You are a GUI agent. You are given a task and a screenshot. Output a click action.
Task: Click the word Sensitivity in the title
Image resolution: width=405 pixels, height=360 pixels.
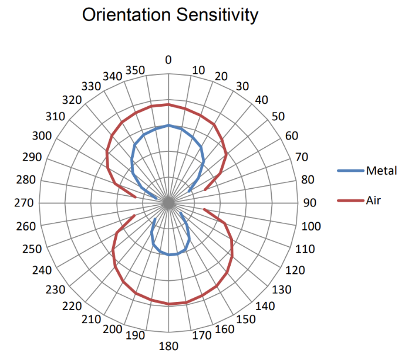click(214, 15)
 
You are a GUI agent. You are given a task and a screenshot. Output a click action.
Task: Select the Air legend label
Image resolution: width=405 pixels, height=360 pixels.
click(374, 201)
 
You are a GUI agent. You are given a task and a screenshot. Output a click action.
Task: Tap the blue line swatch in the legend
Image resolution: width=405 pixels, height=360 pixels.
click(350, 171)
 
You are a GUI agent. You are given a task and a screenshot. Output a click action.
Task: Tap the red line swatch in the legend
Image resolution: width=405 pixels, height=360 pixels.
click(350, 201)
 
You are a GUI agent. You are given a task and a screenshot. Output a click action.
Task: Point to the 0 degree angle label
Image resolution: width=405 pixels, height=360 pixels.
click(168, 60)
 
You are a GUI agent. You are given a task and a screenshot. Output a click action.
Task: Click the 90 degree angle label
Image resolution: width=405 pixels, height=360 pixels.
click(309, 203)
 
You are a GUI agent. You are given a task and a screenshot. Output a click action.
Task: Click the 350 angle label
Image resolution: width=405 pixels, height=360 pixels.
click(136, 70)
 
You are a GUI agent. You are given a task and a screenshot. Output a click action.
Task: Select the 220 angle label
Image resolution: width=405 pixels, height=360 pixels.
click(75, 306)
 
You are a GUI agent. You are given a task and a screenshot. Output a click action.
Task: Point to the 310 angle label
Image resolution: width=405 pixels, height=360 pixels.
click(55, 116)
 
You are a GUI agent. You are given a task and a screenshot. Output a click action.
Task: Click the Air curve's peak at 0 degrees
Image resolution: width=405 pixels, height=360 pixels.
click(168, 104)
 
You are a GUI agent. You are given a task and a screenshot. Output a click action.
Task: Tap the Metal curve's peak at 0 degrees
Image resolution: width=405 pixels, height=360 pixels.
click(168, 125)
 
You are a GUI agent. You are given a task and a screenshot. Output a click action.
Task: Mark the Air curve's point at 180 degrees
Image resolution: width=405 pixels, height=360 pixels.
click(168, 304)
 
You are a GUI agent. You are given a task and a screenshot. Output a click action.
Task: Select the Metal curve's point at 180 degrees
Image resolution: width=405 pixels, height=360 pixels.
click(168, 255)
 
